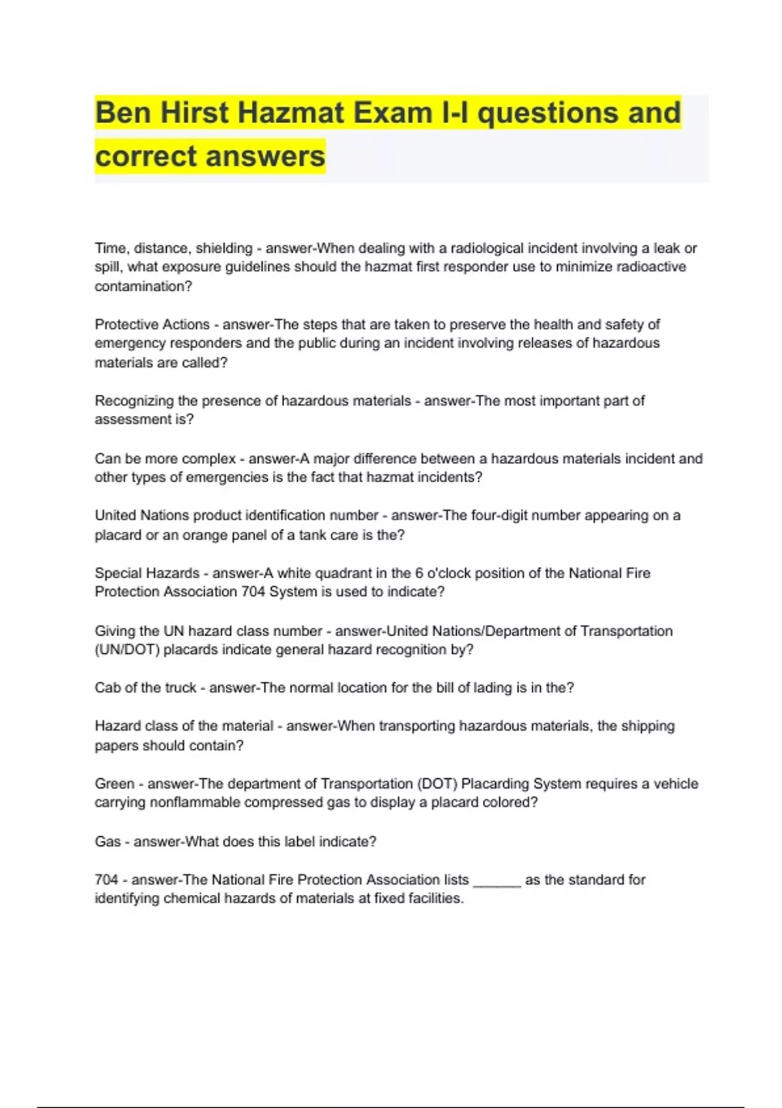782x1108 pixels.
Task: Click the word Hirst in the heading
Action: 194,113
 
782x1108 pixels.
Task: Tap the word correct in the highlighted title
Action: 145,156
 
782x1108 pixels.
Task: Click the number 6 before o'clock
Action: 420,574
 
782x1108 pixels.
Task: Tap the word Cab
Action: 107,688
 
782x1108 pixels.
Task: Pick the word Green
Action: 114,784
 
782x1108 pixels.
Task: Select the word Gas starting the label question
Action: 108,842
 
